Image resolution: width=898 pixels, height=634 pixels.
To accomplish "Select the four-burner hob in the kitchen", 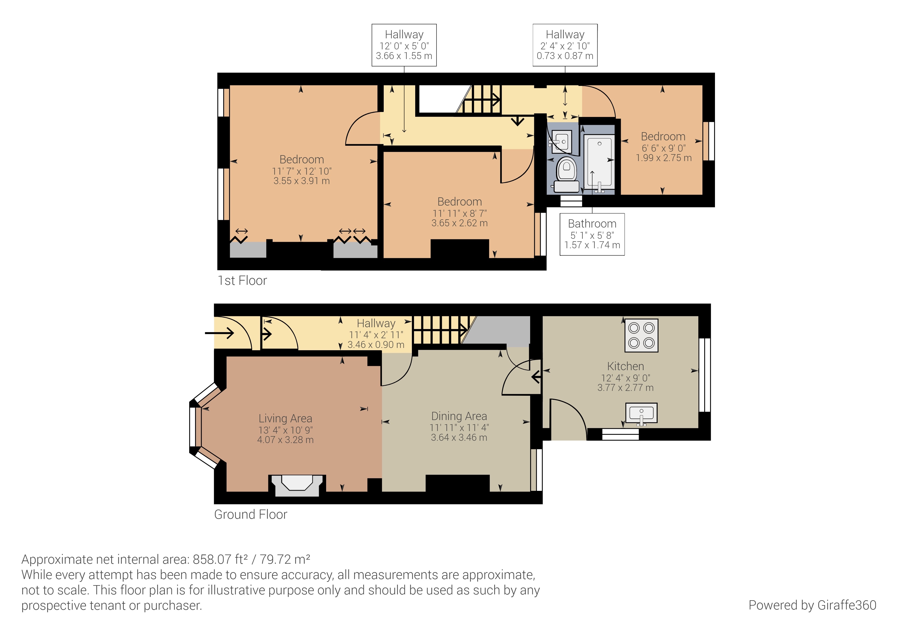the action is point(642,336).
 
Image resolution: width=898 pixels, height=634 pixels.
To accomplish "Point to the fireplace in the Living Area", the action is point(297,485).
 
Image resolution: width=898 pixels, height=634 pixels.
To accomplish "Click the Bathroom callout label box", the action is point(592,234).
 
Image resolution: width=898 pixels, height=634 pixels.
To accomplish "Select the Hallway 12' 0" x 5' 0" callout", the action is point(404,45).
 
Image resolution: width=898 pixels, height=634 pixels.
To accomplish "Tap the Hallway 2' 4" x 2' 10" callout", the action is point(565,45).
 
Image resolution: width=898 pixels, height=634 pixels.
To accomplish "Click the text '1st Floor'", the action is point(242,280).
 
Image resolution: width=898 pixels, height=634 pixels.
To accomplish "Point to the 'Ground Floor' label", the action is point(251,514).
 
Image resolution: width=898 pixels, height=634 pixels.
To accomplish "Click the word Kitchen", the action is point(625,366).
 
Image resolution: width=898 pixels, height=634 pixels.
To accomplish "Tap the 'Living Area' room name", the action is point(285,418).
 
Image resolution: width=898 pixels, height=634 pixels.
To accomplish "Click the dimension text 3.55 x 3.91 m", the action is point(302,181).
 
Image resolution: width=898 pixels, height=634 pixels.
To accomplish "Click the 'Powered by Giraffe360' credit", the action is point(812,605).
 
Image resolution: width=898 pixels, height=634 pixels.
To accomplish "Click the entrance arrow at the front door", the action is point(219,333).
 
